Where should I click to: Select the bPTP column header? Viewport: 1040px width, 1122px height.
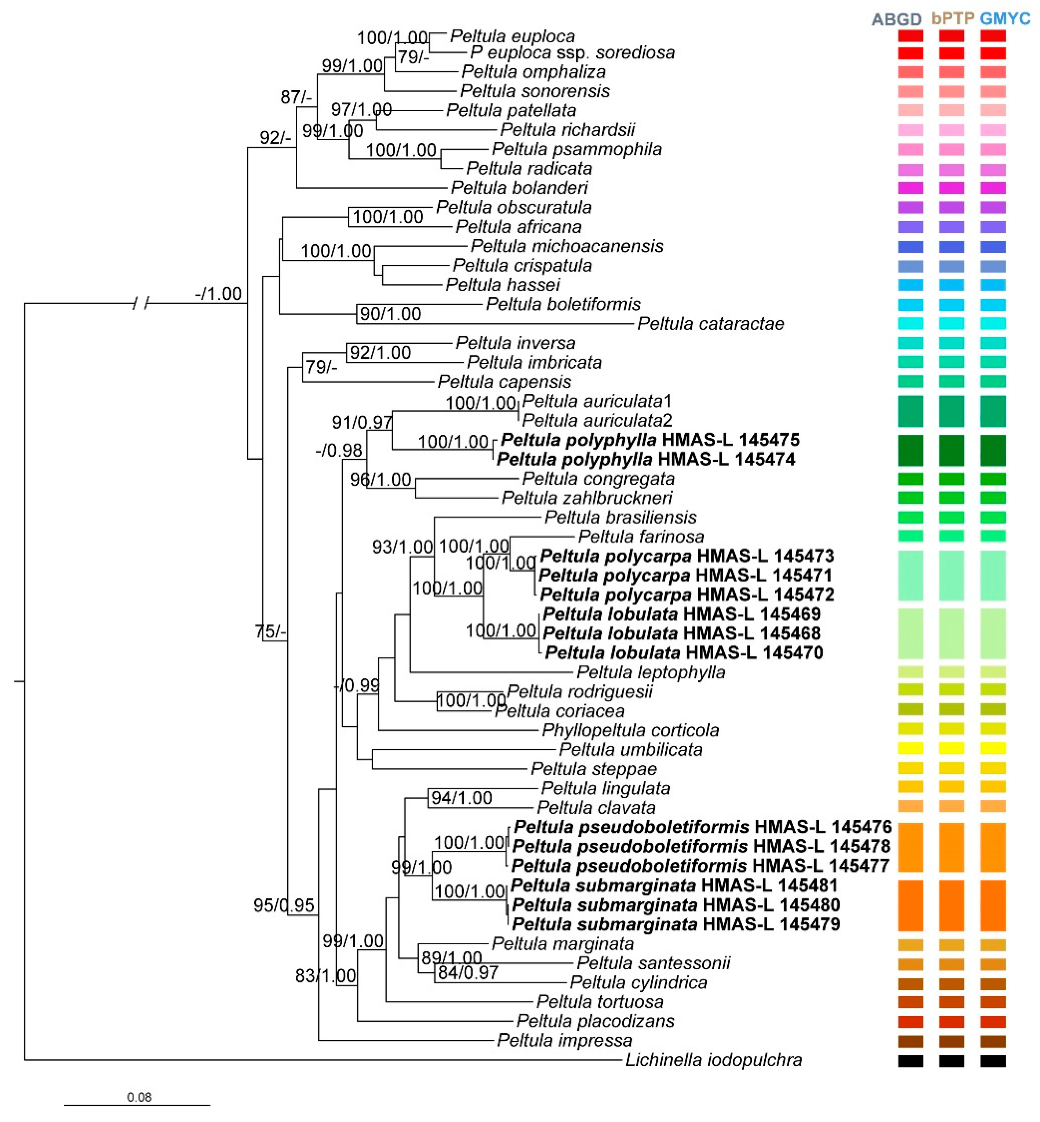(953, 19)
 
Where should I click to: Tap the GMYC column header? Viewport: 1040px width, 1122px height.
(1005, 19)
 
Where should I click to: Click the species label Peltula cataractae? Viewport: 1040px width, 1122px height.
(710, 323)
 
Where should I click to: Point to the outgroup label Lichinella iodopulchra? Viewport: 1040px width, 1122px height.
(714, 1060)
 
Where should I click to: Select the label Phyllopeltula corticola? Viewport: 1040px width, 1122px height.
(630, 730)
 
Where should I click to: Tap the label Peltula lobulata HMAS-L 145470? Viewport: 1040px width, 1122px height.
(684, 653)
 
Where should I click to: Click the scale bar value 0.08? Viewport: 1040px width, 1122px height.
(139, 1097)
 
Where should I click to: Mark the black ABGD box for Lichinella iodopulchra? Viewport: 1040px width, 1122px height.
(911, 1061)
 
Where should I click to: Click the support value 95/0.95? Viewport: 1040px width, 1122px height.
(284, 905)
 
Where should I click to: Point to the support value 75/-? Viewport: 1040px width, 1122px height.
(271, 631)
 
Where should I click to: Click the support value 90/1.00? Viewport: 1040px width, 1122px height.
(390, 314)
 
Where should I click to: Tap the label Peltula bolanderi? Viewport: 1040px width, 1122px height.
(520, 188)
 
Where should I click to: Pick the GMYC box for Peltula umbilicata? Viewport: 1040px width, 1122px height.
(993, 748)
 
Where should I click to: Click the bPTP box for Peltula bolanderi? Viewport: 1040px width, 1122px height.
(952, 188)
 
